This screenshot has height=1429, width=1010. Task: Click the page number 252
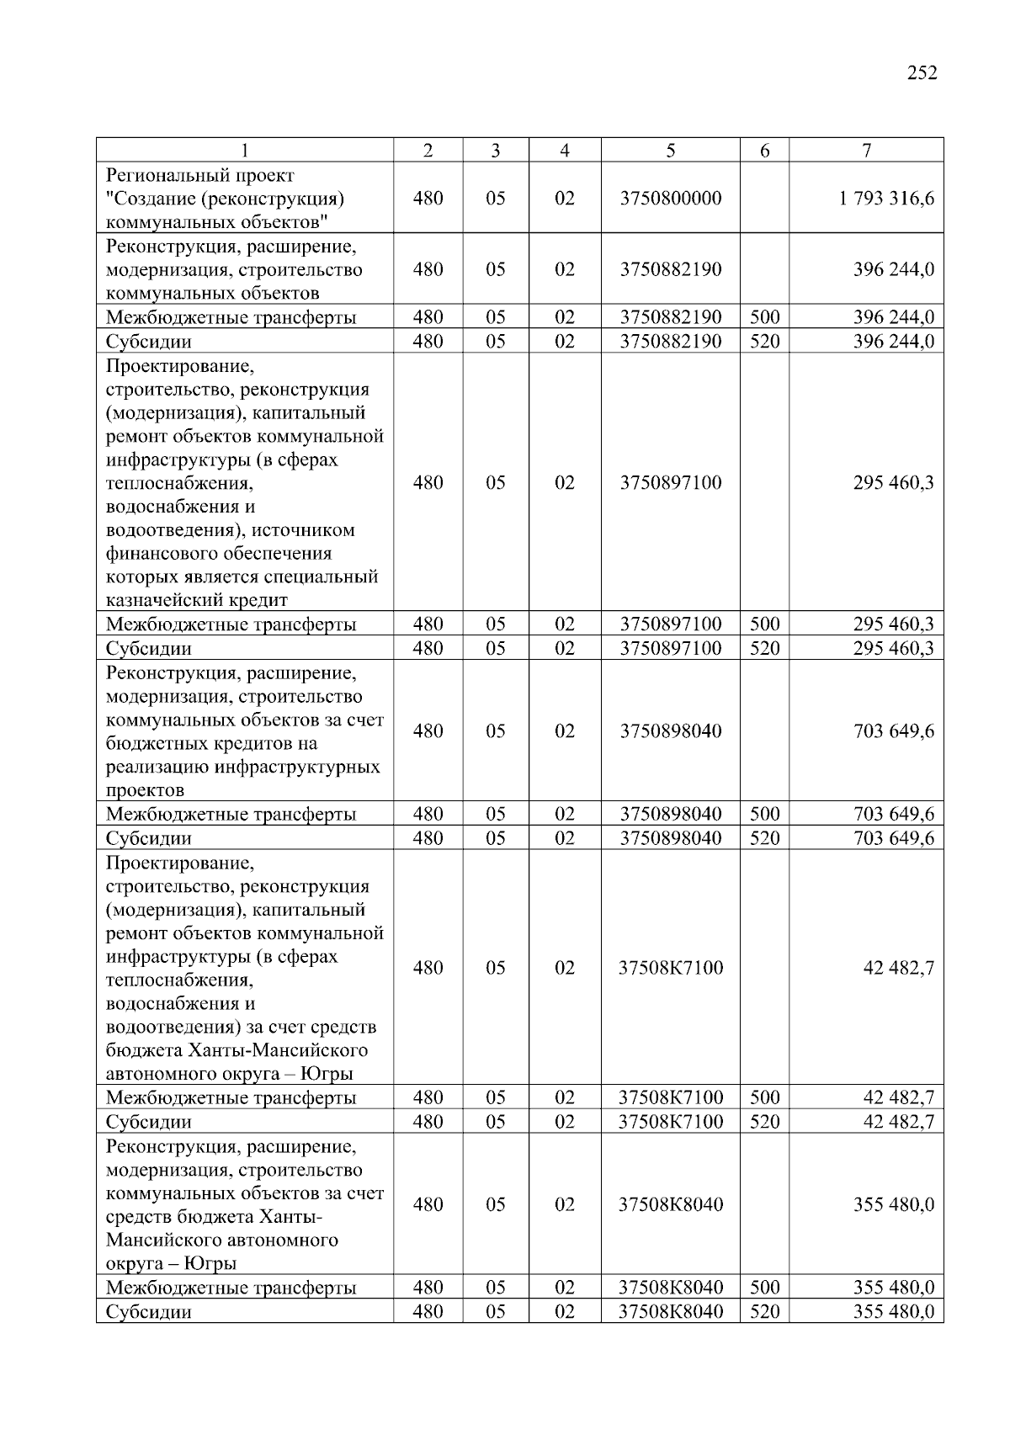pos(922,73)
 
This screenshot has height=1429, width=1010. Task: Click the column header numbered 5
pos(670,151)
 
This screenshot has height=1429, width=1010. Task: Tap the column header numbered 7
pos(866,151)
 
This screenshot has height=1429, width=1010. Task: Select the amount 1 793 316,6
pos(886,199)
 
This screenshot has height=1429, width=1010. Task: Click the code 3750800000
pos(670,199)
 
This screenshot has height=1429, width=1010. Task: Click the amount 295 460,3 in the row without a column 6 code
pos(893,483)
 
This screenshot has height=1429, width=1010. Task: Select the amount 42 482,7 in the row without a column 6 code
pos(898,968)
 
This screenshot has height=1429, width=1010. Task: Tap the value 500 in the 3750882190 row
pos(764,318)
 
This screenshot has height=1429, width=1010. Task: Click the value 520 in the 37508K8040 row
pos(764,1312)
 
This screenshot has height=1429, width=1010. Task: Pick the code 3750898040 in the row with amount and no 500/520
pos(670,731)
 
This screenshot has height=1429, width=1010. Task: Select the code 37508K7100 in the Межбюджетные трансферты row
pos(670,1098)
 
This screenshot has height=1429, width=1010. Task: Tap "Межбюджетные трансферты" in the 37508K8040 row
pos(231,1288)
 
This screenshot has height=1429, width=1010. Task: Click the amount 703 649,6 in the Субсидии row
pos(893,839)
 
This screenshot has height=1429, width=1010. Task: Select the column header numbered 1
pos(244,151)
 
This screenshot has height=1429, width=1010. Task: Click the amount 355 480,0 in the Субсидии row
pos(893,1312)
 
